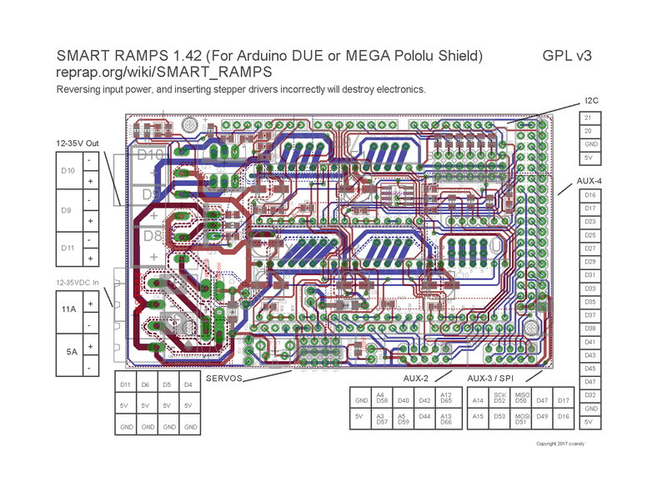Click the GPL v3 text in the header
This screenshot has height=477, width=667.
(567, 56)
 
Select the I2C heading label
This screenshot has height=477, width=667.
(592, 101)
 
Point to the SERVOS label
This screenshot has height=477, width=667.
(225, 378)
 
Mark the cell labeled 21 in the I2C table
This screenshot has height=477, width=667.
(589, 118)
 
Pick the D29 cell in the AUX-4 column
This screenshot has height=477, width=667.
(589, 262)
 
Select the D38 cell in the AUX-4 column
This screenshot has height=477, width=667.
(589, 329)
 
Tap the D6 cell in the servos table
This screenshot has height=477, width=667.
(146, 384)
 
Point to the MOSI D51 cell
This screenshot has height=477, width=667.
(522, 419)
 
